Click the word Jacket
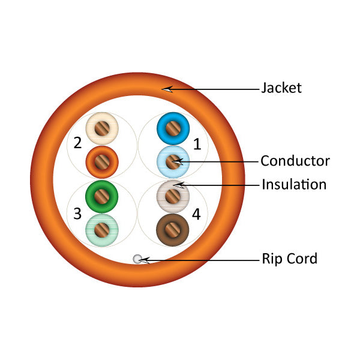pyautogui.click(x=281, y=88)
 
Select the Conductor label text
pyautogui.click(x=295, y=161)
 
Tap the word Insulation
pyautogui.click(x=293, y=184)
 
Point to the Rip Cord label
pyautogui.click(x=289, y=259)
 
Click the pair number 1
pyautogui.click(x=197, y=143)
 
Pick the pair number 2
pyautogui.click(x=77, y=143)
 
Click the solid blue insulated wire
pyautogui.click(x=173, y=128)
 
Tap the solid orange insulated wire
pyautogui.click(x=102, y=161)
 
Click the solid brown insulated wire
pyautogui.click(x=173, y=229)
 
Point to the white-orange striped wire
pyautogui.click(x=102, y=128)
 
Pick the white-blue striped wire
pyautogui.click(x=173, y=161)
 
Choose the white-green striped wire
pyautogui.click(x=102, y=229)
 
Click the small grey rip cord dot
pyautogui.click(x=137, y=259)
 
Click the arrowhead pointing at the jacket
pyautogui.click(x=167, y=89)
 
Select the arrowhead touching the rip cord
pyautogui.click(x=145, y=260)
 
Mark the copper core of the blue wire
pyautogui.click(x=173, y=128)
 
